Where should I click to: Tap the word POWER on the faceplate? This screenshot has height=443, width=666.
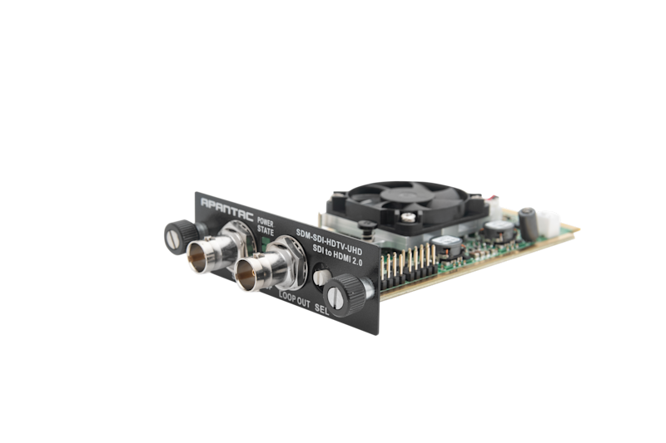[265, 222]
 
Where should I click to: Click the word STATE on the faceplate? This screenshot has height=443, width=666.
[266, 231]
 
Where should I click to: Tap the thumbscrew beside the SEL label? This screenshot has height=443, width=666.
[340, 292]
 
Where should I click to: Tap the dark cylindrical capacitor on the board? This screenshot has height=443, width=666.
[526, 217]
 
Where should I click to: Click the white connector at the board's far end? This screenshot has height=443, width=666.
[549, 223]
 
